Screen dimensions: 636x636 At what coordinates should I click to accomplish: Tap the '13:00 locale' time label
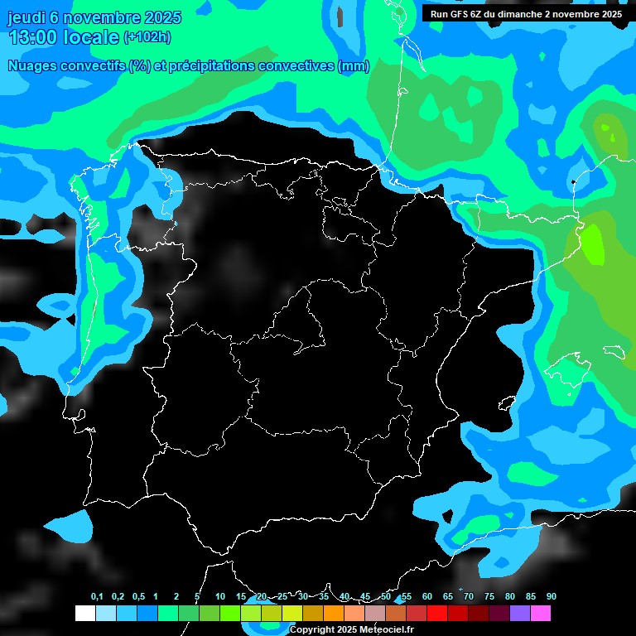click(63, 37)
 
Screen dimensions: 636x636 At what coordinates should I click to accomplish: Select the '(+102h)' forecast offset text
click(147, 37)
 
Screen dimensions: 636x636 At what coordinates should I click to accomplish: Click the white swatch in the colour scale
click(84, 614)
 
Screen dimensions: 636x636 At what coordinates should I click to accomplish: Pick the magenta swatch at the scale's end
click(541, 614)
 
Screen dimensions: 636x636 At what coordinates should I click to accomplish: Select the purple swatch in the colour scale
click(520, 614)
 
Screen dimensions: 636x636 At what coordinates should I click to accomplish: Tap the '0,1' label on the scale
click(97, 597)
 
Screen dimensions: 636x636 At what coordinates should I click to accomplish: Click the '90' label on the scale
click(552, 597)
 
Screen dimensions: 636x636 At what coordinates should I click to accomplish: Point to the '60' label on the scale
click(427, 597)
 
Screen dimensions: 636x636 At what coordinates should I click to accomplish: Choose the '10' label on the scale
click(220, 597)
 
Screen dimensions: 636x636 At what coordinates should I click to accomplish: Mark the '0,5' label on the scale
click(138, 597)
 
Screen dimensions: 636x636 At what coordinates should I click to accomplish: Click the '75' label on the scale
click(489, 597)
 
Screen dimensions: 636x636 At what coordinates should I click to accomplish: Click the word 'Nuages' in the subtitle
click(34, 66)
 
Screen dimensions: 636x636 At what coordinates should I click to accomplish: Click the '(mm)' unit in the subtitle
click(354, 66)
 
